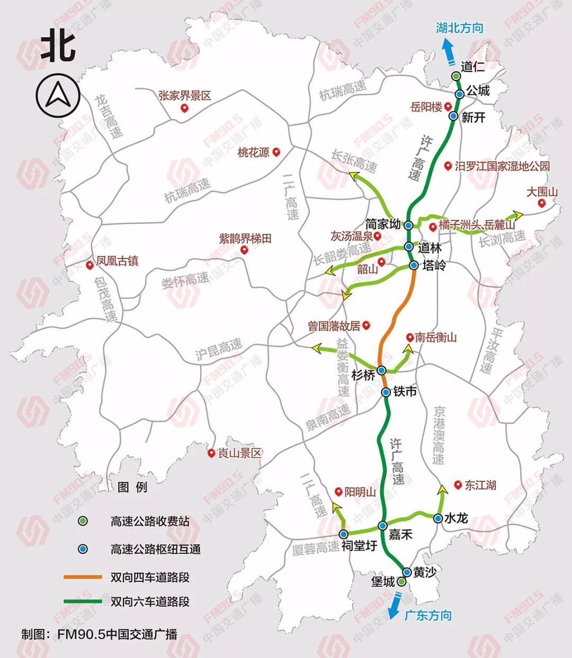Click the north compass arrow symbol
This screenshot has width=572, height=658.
tap(58, 96)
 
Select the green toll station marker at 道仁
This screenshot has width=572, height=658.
tap(455, 77)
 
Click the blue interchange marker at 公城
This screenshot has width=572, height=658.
tap(460, 94)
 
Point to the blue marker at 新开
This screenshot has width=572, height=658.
tap(453, 116)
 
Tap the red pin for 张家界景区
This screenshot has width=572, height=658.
tap(184, 108)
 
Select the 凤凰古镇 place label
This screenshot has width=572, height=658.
tap(117, 261)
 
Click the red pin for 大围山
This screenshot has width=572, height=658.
tap(541, 204)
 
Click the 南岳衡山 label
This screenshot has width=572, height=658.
tap(435, 337)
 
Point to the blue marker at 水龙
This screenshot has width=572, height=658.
tap(438, 518)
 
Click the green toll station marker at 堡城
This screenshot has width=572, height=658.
tap(401, 582)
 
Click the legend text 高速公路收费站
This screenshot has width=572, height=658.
tap(150, 521)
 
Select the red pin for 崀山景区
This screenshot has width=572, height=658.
tap(212, 453)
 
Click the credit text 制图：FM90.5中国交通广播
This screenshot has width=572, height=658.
tap(99, 634)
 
